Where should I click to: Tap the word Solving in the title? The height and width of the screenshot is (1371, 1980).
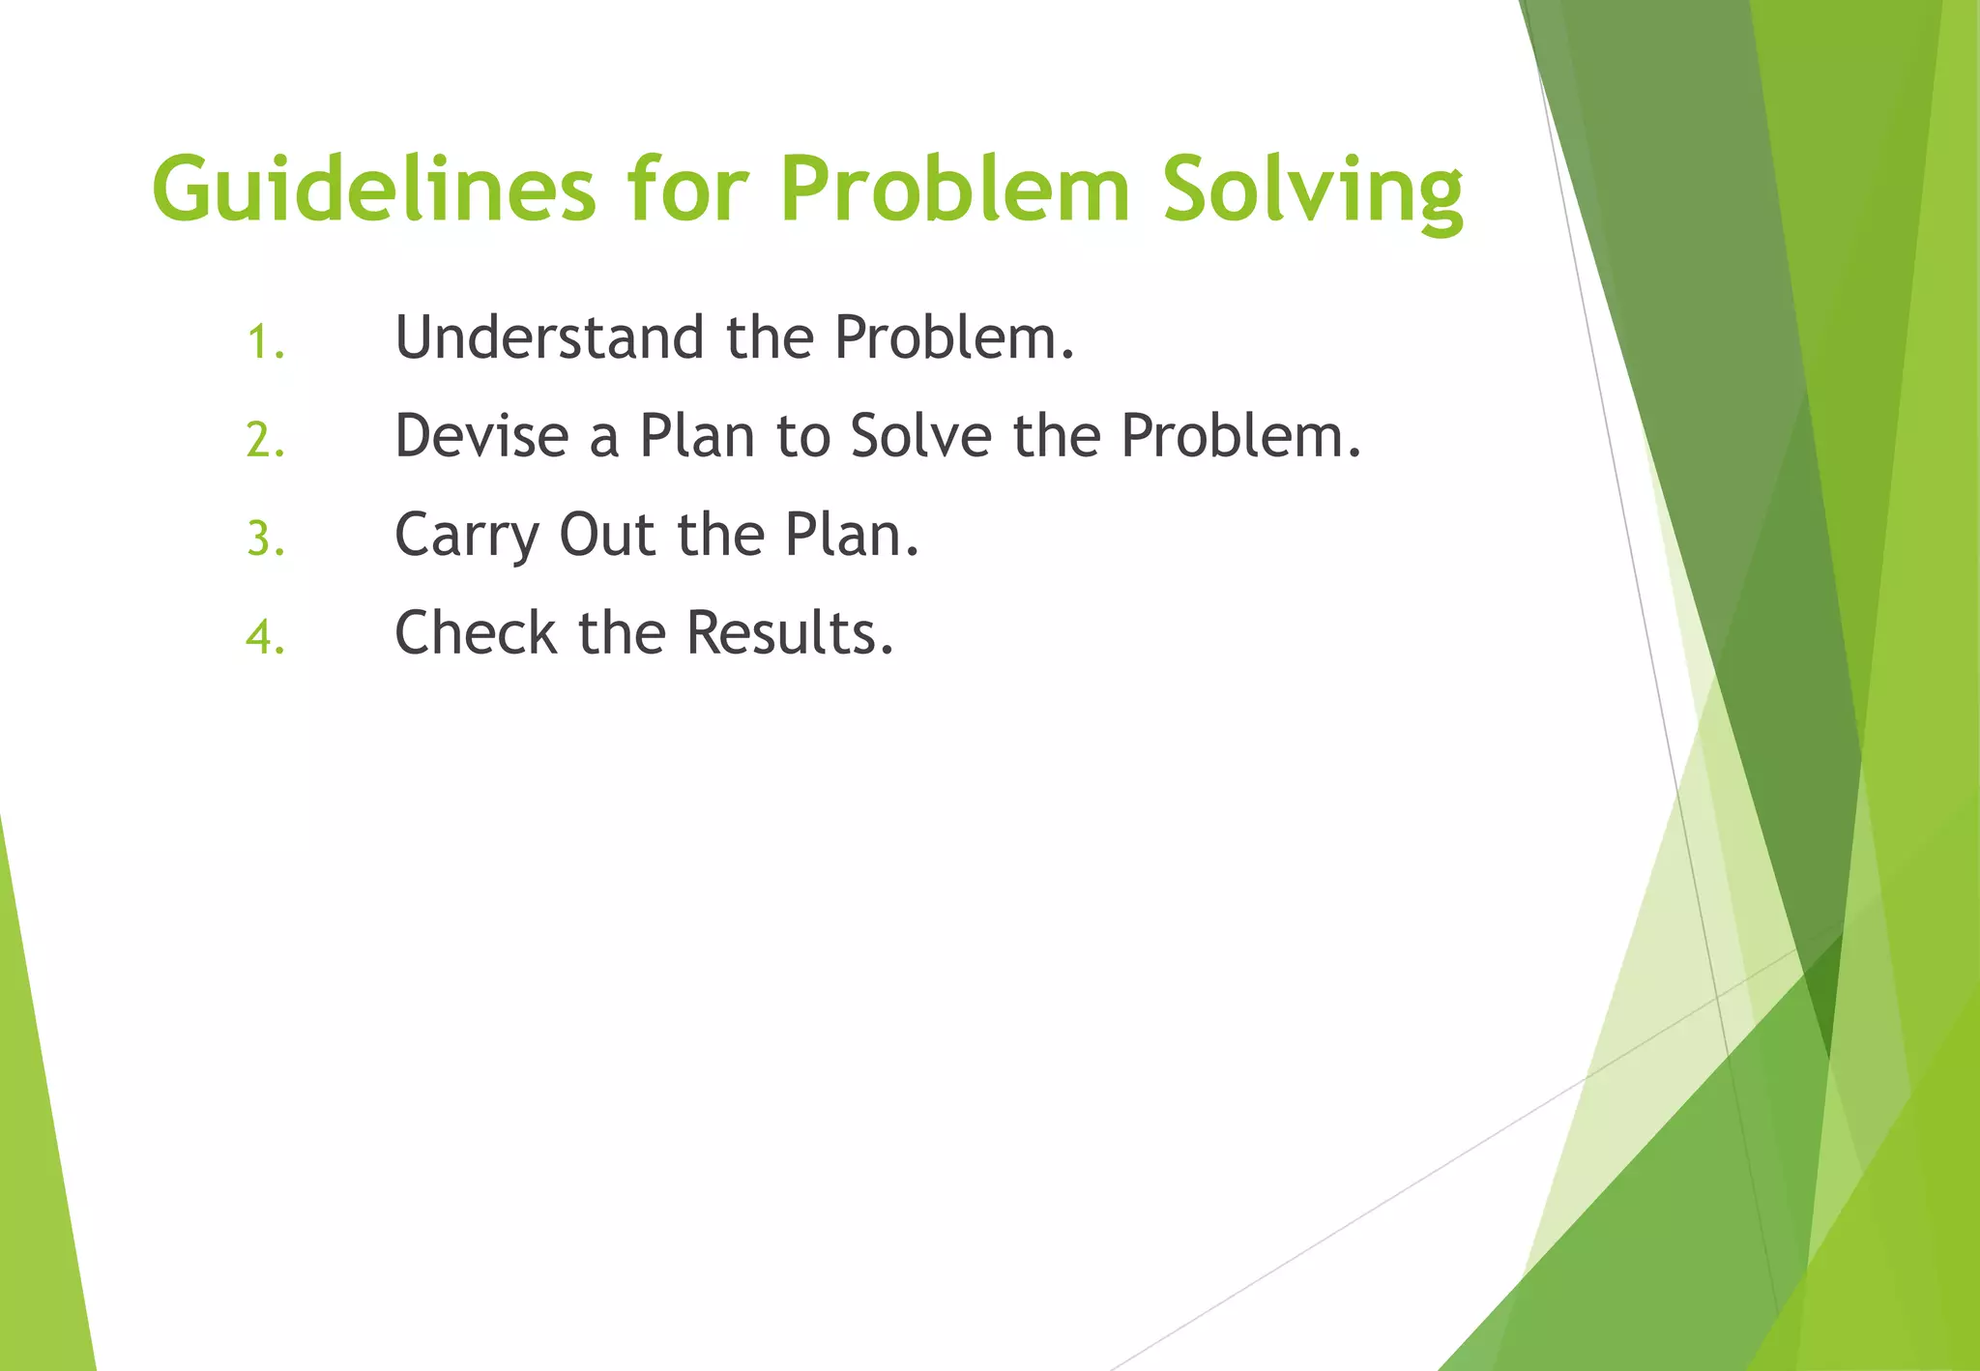pos(1313,190)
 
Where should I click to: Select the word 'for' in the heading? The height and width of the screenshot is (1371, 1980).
pos(687,189)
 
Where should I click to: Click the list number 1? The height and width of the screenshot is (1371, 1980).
pos(265,342)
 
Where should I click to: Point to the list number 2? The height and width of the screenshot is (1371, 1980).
pos(265,441)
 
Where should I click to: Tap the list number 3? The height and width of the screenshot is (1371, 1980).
pos(265,540)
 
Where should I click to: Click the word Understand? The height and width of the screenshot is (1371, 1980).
pos(549,337)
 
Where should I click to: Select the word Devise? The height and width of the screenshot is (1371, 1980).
pos(481,436)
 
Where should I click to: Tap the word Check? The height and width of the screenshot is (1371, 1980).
pos(476,633)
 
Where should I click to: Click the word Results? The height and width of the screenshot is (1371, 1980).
pos(789,633)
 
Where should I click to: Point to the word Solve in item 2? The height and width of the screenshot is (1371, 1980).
pos(920,436)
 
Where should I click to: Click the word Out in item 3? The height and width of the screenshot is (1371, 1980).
pos(606,535)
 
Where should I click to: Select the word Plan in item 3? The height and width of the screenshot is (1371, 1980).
pos(851,535)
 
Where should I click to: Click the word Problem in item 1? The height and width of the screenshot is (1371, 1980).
pos(953,337)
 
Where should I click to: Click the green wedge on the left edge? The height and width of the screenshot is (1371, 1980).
pos(39,1160)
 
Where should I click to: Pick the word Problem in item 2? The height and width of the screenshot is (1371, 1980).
pos(1240,436)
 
